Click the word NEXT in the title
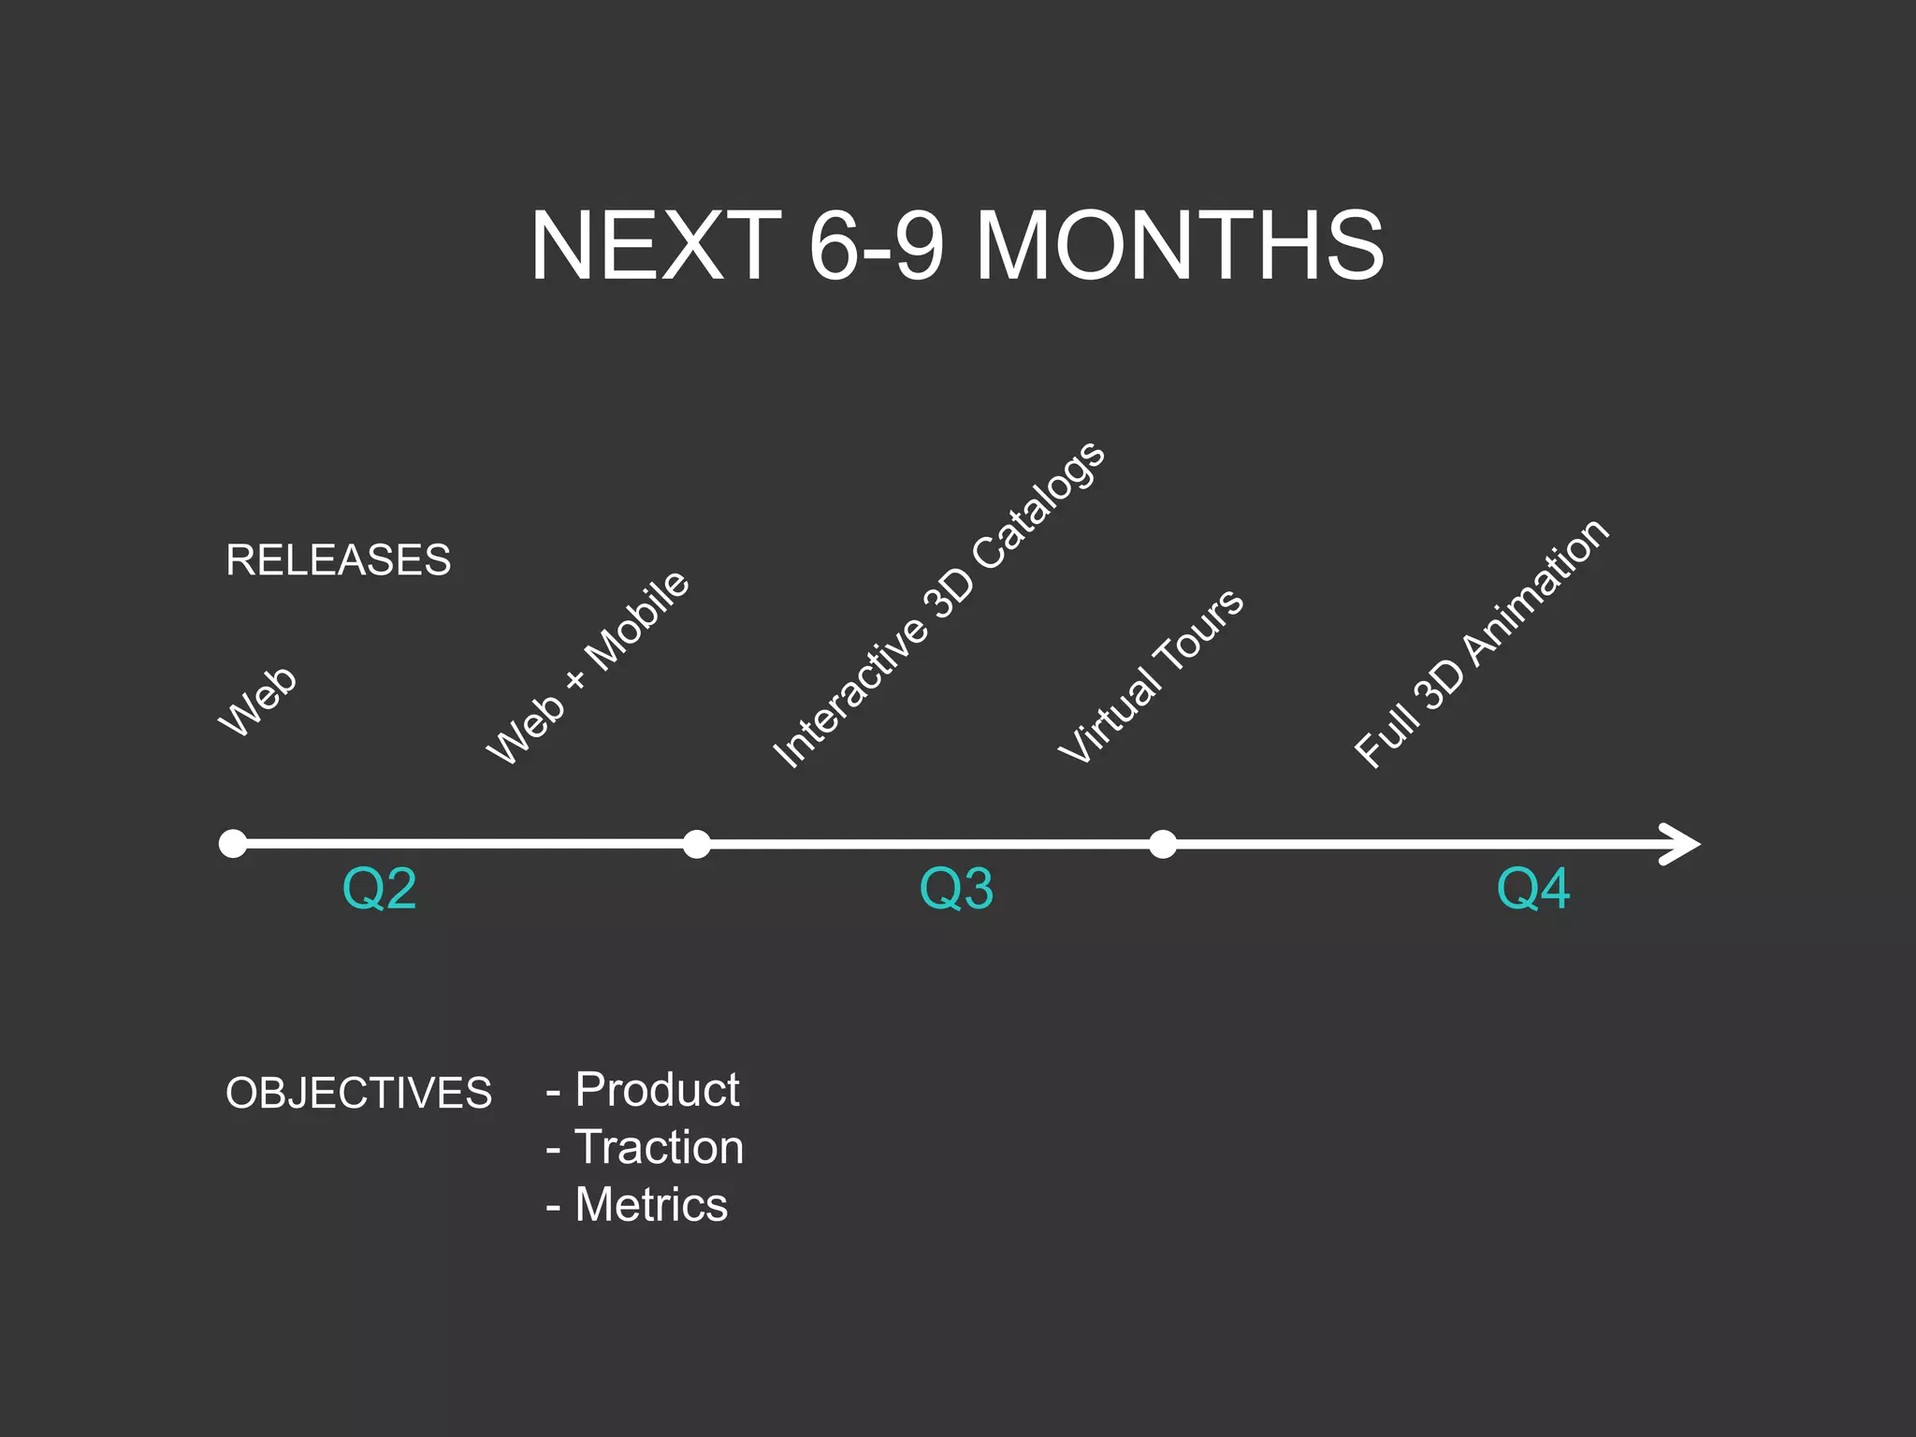tap(656, 245)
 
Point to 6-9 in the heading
tap(876, 245)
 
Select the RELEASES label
tap(338, 560)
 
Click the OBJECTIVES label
tap(358, 1093)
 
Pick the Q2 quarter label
tap(379, 889)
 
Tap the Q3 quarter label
tap(956, 889)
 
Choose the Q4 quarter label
tap(1533, 889)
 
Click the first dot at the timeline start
tap(233, 844)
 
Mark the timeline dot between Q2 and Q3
tap(696, 844)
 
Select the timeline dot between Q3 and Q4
tap(1162, 844)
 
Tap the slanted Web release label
tap(257, 702)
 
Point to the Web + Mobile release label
tap(588, 668)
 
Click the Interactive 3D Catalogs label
tap(938, 605)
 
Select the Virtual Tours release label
tap(1151, 675)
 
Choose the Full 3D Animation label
tap(1482, 644)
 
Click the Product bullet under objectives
tap(655, 1090)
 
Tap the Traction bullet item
tap(658, 1147)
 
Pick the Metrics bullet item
tap(650, 1205)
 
